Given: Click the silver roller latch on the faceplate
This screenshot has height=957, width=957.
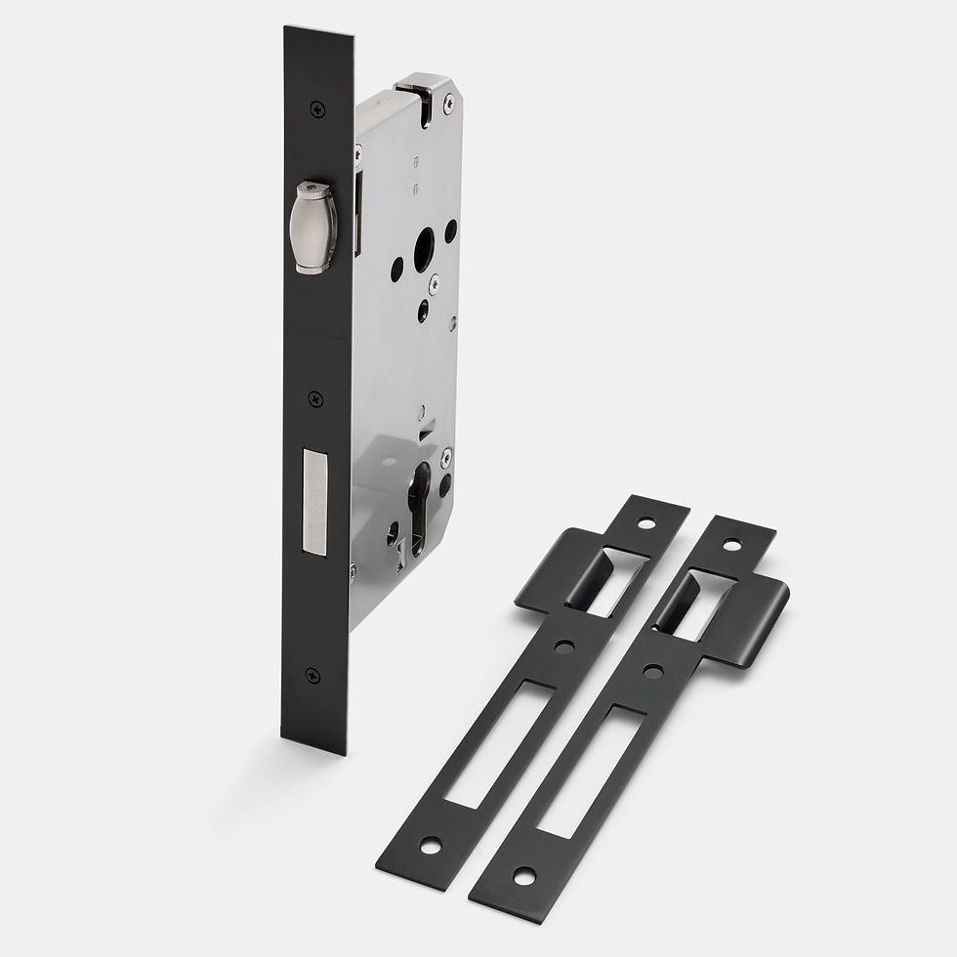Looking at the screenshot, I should click(315, 226).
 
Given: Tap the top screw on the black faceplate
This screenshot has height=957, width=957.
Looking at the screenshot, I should click(314, 109).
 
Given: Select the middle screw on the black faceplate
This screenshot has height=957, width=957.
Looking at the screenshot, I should click(314, 398).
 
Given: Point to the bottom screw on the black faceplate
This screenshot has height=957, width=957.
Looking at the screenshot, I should click(312, 675).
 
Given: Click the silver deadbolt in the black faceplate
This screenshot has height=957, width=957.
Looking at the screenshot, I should click(316, 502).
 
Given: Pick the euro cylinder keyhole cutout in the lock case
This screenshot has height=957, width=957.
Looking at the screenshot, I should click(419, 503).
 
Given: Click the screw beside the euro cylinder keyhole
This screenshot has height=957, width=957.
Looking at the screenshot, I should click(446, 455).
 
